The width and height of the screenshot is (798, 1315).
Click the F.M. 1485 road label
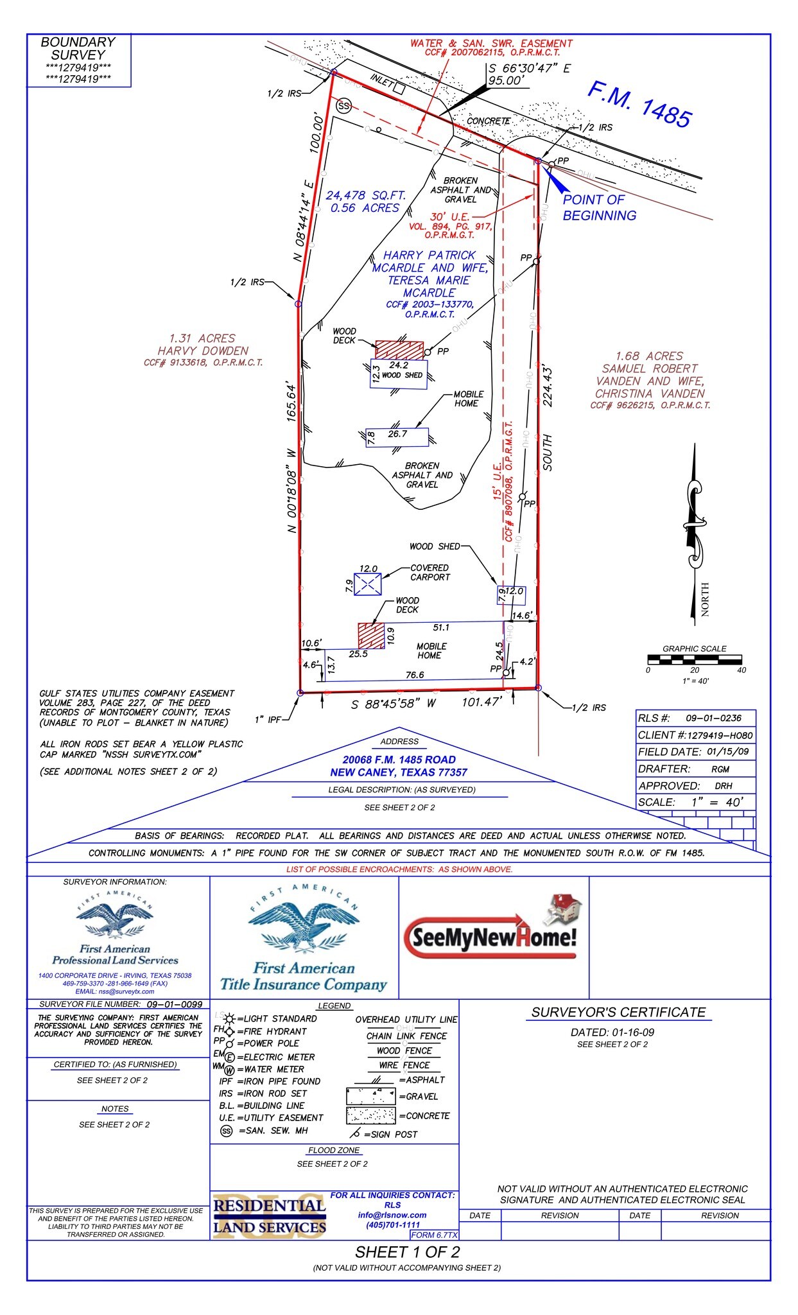click(x=640, y=104)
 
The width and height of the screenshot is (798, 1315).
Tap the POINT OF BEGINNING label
click(x=598, y=207)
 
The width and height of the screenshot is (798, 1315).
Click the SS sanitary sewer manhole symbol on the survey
click(x=345, y=106)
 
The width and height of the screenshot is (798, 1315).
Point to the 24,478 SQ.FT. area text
click(x=365, y=195)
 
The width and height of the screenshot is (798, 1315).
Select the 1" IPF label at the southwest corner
click(x=268, y=719)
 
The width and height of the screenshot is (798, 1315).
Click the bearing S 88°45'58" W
click(x=394, y=704)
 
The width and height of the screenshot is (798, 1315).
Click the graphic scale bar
click(x=694, y=659)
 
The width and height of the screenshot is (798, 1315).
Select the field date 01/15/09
click(x=727, y=751)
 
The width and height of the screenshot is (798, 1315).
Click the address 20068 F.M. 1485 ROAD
click(x=399, y=760)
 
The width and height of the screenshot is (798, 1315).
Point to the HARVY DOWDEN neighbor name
click(x=203, y=351)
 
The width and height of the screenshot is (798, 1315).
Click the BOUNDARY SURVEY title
click(x=78, y=49)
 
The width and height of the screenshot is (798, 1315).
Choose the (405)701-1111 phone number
click(x=392, y=1224)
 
